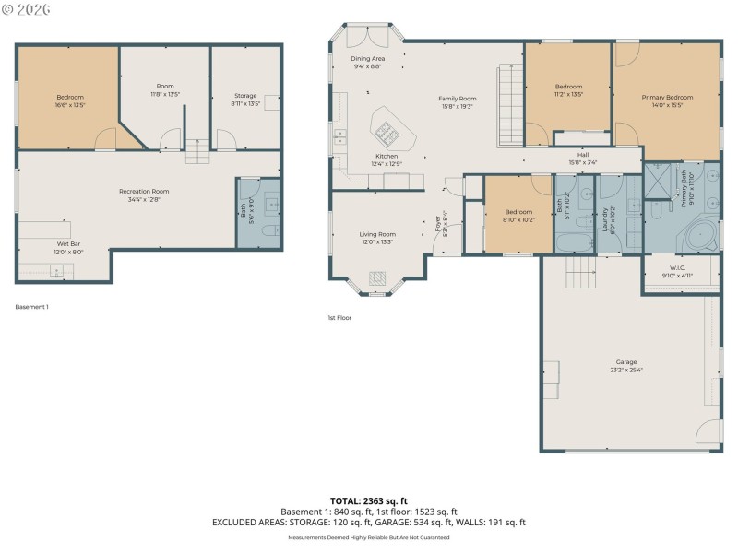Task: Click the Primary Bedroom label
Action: [x=667, y=97]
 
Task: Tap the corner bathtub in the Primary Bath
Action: [x=705, y=237]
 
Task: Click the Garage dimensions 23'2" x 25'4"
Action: [x=626, y=370]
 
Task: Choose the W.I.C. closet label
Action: [x=678, y=269]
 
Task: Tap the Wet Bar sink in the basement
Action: [x=56, y=271]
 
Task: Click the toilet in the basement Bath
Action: [x=267, y=230]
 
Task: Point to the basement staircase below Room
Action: [x=197, y=151]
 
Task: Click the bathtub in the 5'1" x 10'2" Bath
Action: [x=565, y=242]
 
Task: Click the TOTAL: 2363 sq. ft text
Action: [x=368, y=500]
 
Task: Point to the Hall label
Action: [x=583, y=155]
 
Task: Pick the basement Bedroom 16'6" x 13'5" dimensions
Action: [x=70, y=105]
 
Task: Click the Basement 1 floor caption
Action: [x=32, y=306]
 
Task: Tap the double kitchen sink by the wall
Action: [x=339, y=138]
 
